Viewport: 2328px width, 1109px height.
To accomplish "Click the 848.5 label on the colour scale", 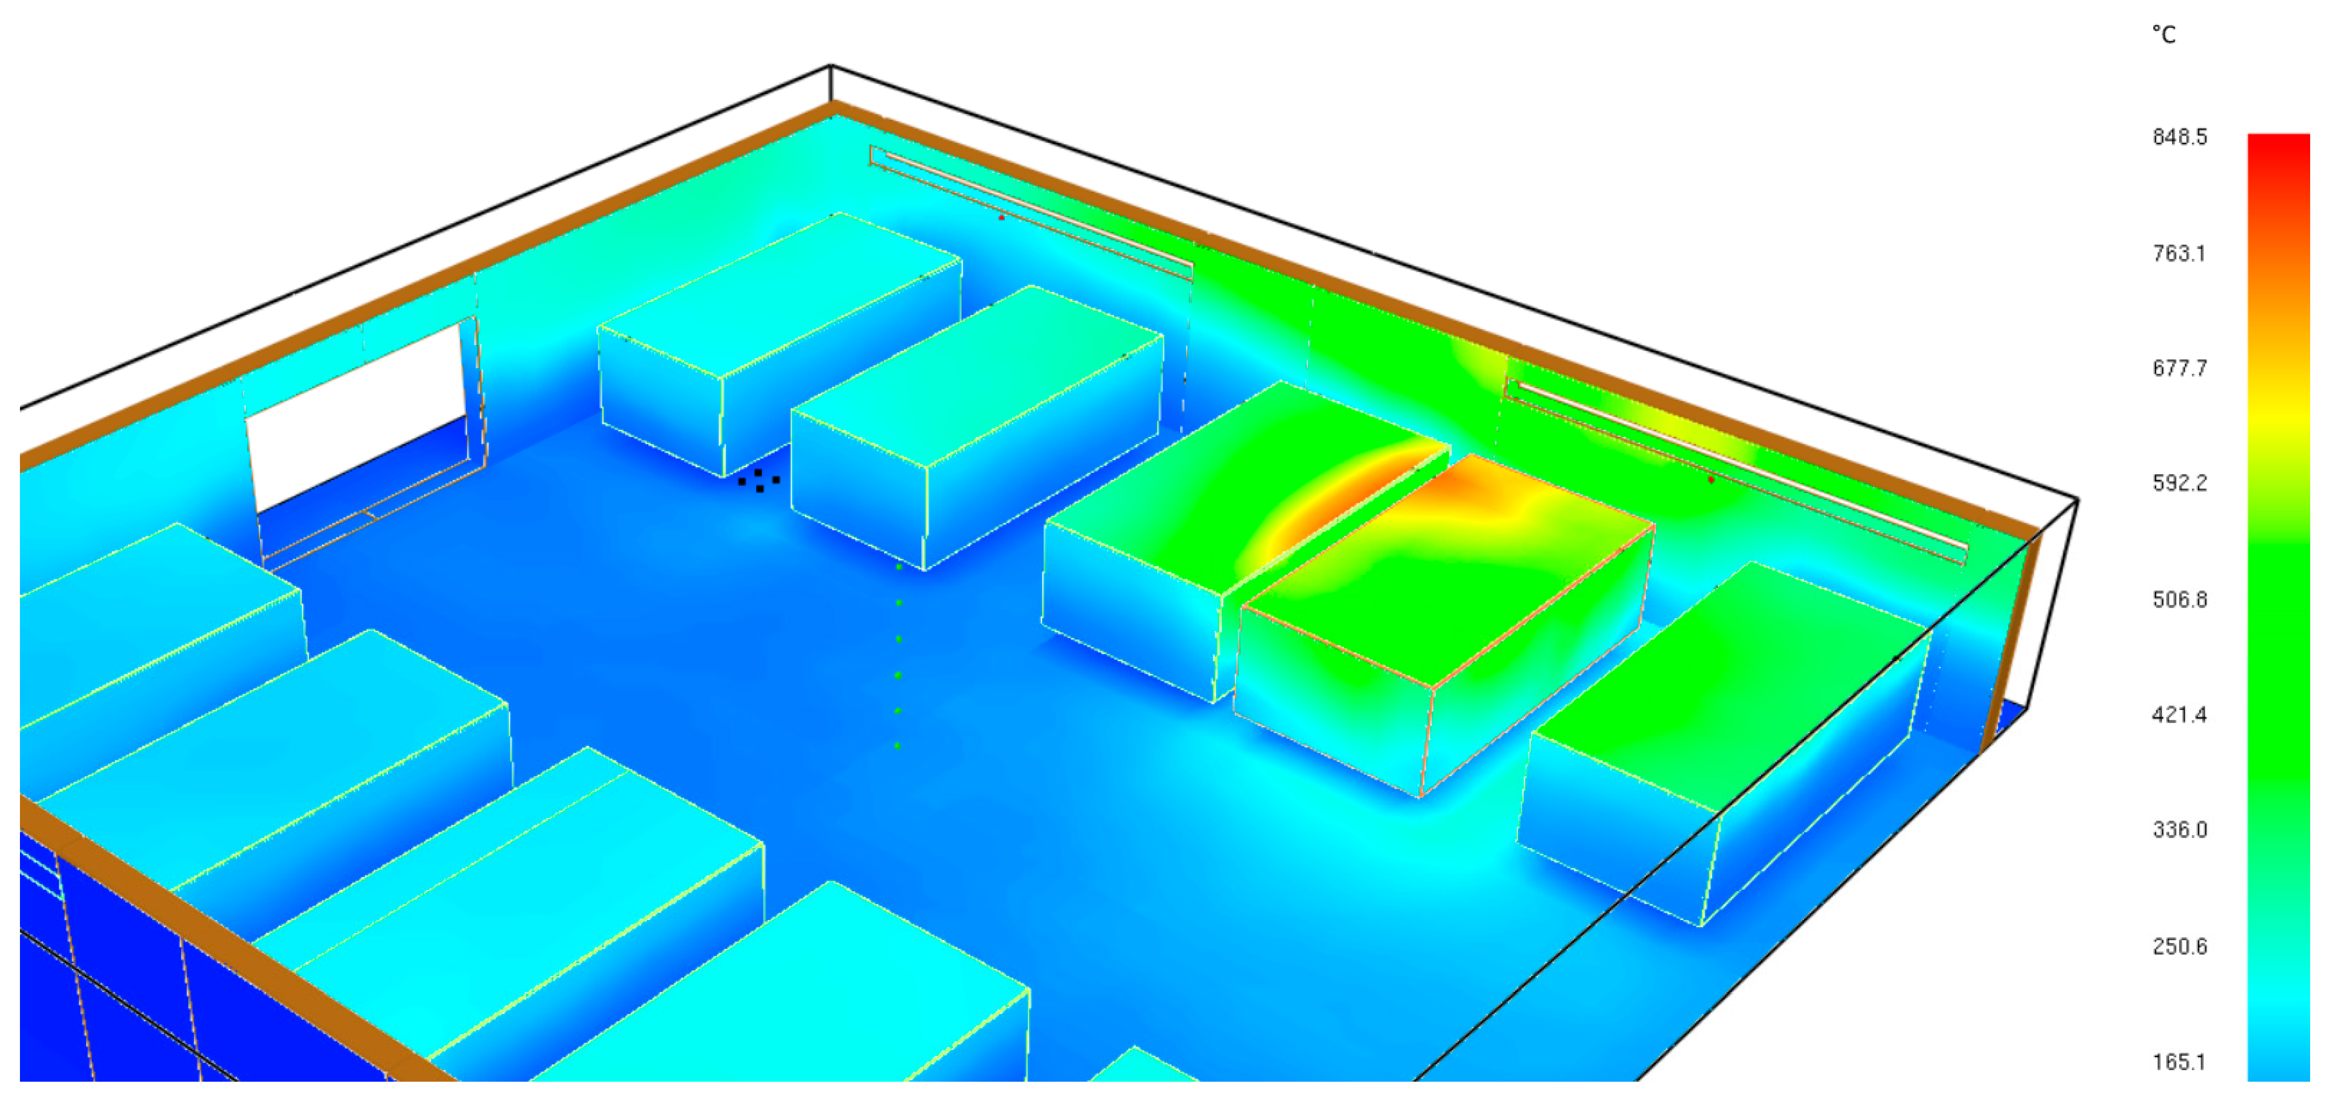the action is point(2179,138).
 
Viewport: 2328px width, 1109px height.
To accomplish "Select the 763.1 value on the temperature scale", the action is point(2179,253).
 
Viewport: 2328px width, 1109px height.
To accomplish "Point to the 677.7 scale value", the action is point(2179,368).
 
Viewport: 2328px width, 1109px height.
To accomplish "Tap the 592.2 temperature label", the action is point(2179,483).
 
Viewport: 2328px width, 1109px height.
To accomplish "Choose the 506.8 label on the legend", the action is point(2179,599).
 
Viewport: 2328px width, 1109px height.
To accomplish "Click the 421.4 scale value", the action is point(2179,715).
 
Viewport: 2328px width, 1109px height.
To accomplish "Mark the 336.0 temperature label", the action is point(2179,830).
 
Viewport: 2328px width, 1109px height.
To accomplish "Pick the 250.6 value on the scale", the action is point(2179,946).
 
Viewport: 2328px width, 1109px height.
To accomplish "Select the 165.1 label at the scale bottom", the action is point(2179,1062).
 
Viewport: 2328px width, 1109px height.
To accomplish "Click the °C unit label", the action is point(2164,34).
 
